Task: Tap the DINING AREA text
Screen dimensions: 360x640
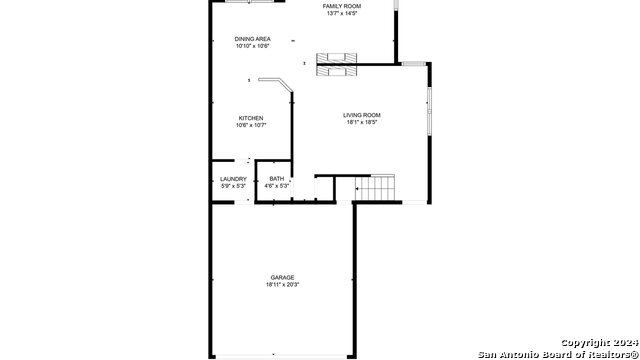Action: tap(252, 39)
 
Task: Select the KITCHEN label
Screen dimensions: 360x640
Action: tap(251, 118)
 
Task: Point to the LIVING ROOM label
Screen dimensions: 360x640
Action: tap(363, 115)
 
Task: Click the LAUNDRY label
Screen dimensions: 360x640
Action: tap(233, 179)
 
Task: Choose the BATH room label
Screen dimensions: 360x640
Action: tap(276, 179)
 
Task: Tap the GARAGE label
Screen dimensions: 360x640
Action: tap(282, 277)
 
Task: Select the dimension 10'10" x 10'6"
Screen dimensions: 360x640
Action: tap(252, 46)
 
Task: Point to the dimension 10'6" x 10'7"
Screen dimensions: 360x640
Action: tap(251, 126)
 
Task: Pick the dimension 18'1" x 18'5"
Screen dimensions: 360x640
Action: tap(363, 123)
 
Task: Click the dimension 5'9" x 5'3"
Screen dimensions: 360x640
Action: tap(233, 186)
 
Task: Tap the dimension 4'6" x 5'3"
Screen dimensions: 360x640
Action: tap(276, 186)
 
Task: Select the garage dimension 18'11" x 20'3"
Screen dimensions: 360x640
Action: tap(282, 285)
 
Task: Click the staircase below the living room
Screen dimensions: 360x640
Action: tap(377, 186)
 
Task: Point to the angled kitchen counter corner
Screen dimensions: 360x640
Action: tap(288, 88)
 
